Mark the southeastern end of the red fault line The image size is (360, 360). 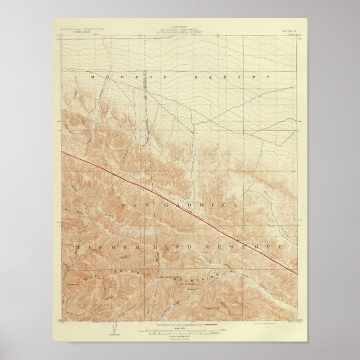(297, 273)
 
